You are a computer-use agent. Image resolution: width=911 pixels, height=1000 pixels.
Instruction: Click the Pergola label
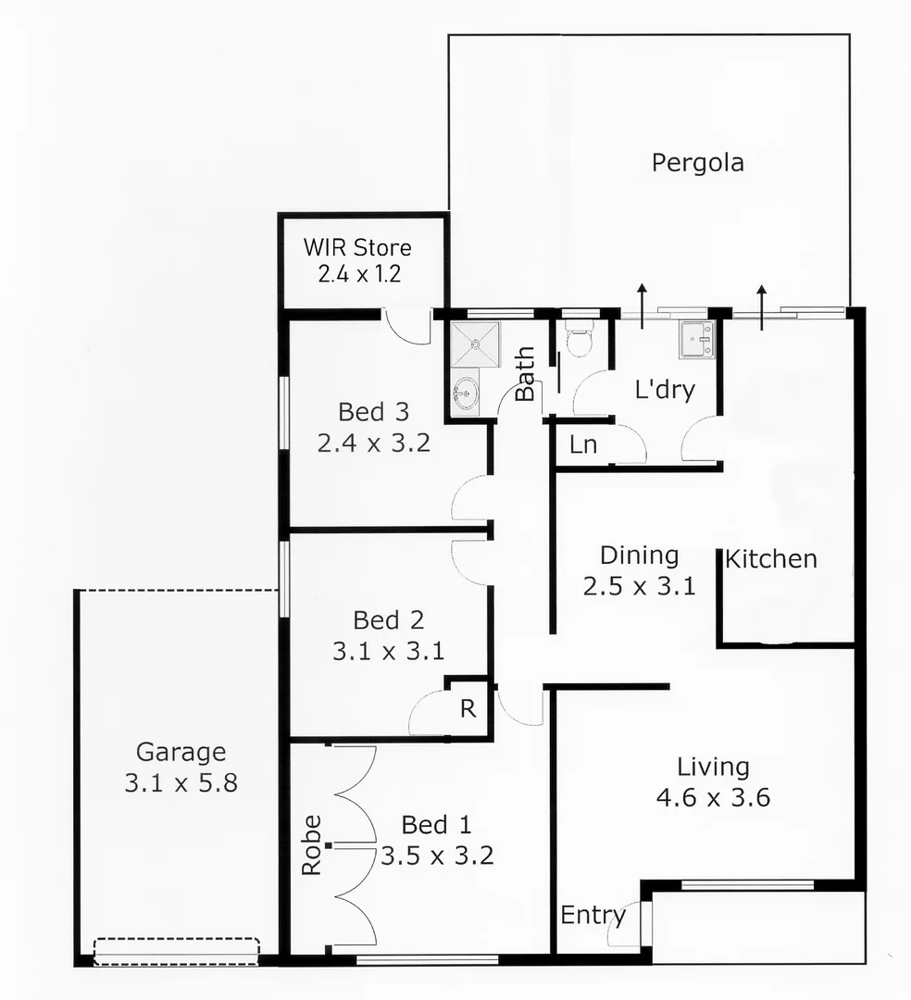(697, 164)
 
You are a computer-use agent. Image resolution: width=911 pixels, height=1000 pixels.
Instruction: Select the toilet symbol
(580, 341)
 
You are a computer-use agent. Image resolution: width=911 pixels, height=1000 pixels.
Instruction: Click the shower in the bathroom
(474, 344)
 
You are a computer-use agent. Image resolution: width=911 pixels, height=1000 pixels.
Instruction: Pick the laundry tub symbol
(695, 340)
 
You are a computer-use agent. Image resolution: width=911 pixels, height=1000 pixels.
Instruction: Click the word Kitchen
(770, 559)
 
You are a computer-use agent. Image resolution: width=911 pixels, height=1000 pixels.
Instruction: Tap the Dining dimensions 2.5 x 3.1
(639, 586)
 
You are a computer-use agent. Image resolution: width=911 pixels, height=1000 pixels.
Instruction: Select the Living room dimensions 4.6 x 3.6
(713, 797)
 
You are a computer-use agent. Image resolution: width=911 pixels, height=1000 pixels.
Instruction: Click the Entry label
(593, 916)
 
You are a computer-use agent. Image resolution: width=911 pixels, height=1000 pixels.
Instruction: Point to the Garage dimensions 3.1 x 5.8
(181, 783)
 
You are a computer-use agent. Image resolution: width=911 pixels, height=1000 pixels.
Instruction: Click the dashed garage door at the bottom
(176, 952)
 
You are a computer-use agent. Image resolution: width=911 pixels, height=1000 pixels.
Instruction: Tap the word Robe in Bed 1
(311, 844)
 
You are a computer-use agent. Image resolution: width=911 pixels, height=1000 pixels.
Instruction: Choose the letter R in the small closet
(468, 709)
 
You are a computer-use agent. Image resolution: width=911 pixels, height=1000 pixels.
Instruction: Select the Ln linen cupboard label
(583, 445)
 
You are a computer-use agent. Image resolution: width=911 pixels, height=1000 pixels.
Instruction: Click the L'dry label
(665, 391)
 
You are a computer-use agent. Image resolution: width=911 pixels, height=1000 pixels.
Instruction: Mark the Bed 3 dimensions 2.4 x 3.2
(373, 443)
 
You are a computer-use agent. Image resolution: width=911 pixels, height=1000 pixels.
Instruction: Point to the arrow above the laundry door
(643, 300)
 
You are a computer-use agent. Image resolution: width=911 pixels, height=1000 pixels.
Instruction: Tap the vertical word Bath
(525, 373)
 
